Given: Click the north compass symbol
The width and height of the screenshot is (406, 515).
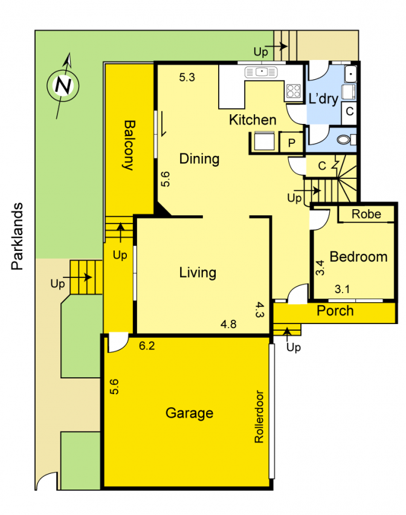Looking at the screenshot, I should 63,85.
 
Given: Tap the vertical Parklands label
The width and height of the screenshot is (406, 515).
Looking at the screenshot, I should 19,236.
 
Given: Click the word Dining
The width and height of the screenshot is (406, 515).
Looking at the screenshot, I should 199,159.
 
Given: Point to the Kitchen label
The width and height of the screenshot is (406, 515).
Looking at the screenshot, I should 253,120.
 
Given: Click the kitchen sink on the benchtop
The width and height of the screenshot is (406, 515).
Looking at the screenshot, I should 261,73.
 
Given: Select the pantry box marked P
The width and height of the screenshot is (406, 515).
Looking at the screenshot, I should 292,143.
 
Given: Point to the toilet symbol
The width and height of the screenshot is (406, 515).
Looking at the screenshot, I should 344,140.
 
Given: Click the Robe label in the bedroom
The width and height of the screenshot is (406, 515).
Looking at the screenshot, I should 366,214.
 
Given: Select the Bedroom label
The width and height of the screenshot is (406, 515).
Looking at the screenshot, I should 358,257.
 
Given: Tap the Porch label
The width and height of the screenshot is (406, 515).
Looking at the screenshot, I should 335,311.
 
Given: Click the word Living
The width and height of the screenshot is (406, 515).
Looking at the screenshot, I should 198,273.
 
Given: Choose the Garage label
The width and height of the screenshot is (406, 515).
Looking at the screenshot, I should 189,413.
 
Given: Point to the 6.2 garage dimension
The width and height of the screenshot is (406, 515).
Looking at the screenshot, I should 147,346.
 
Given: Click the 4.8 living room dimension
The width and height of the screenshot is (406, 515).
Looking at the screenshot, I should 228,325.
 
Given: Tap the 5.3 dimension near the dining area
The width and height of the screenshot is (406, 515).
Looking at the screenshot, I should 187,77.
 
